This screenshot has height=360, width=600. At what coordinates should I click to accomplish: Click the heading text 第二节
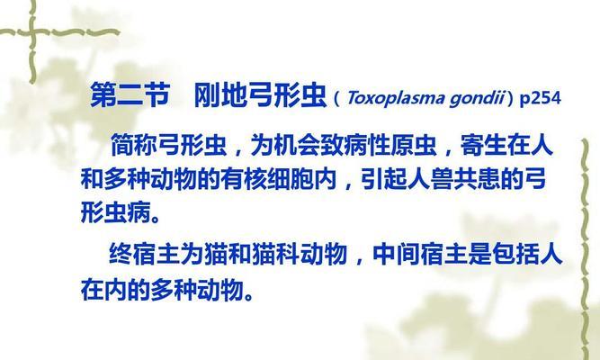coord(130,94)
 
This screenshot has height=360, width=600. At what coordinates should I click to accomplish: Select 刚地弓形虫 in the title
coord(260,94)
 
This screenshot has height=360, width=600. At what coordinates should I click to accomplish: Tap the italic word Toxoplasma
coord(396,98)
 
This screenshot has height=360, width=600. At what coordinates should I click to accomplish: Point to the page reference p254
coord(540,98)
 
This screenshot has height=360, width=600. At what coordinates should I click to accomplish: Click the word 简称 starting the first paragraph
coord(134,145)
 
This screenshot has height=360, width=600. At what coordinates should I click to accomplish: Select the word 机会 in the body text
coord(298,145)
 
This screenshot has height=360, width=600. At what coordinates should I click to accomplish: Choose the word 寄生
coord(484,145)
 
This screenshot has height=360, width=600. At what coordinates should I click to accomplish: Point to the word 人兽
coord(431,179)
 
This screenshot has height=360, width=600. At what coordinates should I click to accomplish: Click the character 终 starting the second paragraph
coord(121,254)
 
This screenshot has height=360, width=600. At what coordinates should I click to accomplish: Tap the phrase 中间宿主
coord(419,254)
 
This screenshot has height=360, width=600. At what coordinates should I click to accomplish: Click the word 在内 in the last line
coord(103,289)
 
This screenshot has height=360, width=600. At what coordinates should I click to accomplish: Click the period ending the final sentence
coord(248,296)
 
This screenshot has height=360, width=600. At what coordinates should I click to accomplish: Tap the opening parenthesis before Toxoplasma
coord(336,99)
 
